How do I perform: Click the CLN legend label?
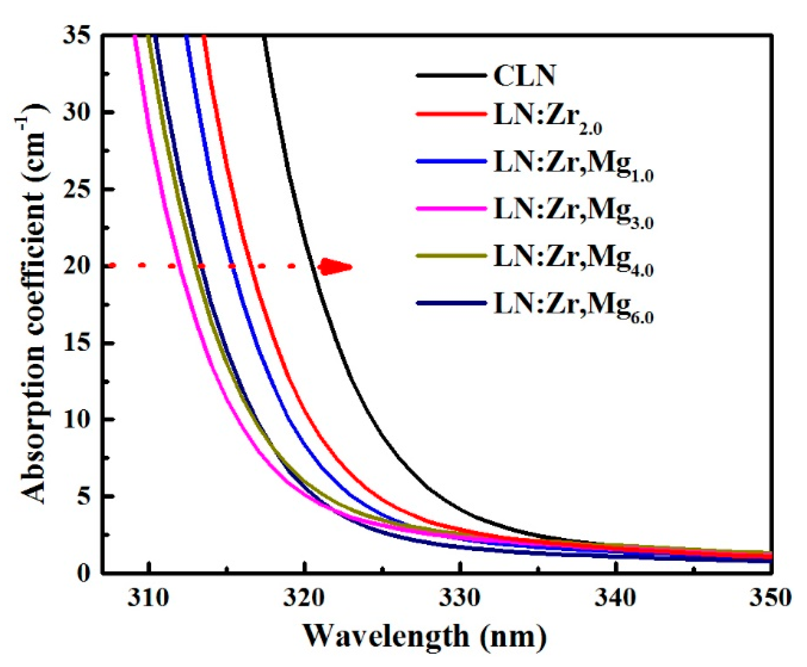pyautogui.click(x=524, y=76)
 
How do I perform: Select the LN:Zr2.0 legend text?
pyautogui.click(x=547, y=118)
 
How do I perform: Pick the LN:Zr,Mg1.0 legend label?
pyautogui.click(x=573, y=165)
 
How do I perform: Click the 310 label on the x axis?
pyautogui.click(x=148, y=598)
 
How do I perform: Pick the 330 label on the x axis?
pyautogui.click(x=459, y=598)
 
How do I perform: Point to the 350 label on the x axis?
pyautogui.click(x=770, y=598)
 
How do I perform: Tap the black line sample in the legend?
pyautogui.click(x=451, y=76)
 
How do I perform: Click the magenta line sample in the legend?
pyautogui.click(x=451, y=209)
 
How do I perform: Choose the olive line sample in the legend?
pyautogui.click(x=451, y=256)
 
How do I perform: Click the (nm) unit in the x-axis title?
pyautogui.click(x=512, y=637)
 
